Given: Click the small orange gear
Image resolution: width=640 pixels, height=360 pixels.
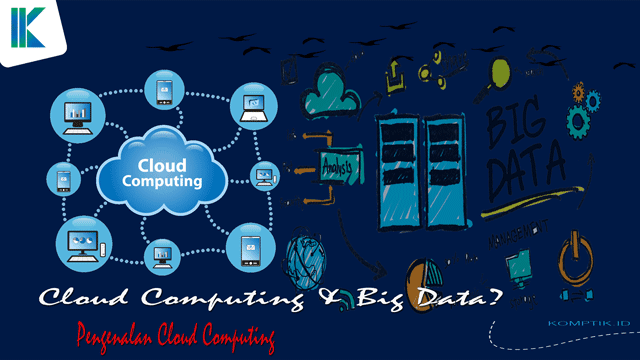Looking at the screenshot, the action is pos(578,93).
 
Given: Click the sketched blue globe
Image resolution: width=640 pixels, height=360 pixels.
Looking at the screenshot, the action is pos(305,259).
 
